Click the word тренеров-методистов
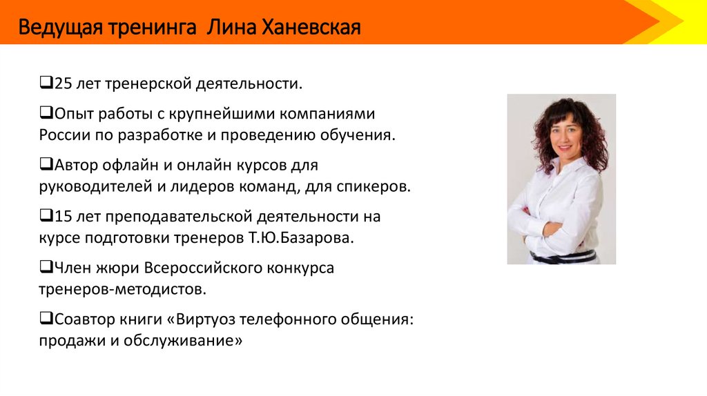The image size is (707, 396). [122, 289]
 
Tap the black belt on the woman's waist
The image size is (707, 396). [563, 257]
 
